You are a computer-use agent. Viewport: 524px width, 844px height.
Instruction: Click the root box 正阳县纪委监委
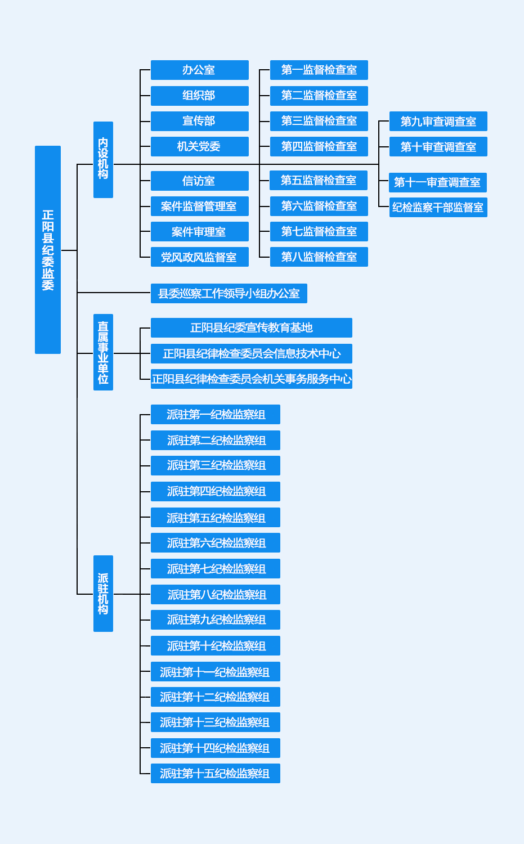click(48, 250)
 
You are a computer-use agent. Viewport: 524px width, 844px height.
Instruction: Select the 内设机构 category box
click(103, 160)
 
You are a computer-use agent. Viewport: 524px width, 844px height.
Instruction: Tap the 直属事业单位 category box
click(103, 352)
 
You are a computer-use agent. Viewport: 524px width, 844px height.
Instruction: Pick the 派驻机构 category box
click(103, 594)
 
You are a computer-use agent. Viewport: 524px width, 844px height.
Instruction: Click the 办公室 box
click(199, 70)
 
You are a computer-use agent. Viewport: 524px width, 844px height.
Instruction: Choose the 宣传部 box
click(199, 121)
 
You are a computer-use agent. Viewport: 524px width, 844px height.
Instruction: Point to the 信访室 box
click(199, 181)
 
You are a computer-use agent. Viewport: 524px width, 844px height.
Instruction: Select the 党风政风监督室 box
click(199, 257)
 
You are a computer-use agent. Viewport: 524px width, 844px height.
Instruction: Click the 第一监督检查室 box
click(319, 70)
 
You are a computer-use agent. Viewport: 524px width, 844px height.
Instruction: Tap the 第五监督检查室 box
click(319, 181)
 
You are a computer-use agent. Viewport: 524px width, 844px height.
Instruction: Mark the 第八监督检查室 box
click(319, 257)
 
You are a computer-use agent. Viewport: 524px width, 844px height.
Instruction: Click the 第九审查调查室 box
click(438, 122)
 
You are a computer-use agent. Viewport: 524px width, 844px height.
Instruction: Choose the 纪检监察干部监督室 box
click(438, 208)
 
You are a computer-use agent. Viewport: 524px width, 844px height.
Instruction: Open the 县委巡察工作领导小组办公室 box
click(229, 294)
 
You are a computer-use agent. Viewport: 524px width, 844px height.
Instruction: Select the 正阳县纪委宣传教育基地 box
click(251, 328)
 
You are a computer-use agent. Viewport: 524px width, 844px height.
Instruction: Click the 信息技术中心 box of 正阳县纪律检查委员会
click(251, 354)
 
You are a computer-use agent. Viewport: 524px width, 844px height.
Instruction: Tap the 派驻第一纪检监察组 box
click(215, 415)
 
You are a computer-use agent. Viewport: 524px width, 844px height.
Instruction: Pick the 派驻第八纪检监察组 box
click(215, 595)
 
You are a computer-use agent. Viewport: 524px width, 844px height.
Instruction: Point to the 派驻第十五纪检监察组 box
click(215, 774)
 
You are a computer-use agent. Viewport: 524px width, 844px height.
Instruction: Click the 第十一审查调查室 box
click(437, 182)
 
